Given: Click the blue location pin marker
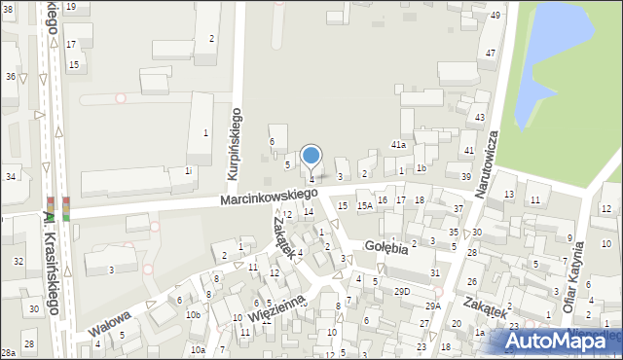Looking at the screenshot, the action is (x=311, y=156).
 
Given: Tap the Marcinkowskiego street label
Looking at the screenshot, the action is (x=268, y=198).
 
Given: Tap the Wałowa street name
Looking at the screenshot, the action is (x=109, y=322).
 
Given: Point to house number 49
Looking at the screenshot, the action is (x=495, y=16).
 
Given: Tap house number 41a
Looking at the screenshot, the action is (x=398, y=144).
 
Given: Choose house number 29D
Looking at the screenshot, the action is (x=401, y=291).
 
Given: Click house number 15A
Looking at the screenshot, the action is (x=364, y=206).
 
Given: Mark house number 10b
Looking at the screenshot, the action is (x=194, y=314).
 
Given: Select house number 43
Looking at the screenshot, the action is (x=480, y=118).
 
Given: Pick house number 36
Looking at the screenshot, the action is (x=10, y=76).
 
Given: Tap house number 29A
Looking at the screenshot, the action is (x=432, y=306).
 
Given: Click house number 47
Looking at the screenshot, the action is (x=491, y=53).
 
